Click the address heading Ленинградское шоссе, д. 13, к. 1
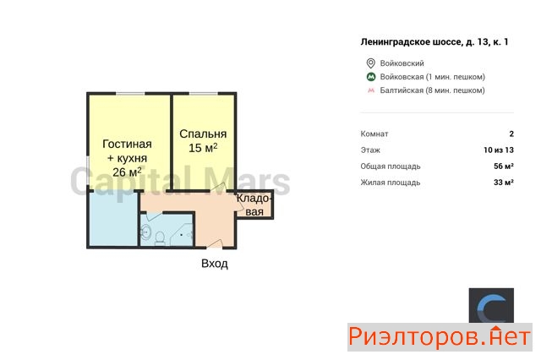click(x=434, y=42)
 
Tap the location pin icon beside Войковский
click(x=370, y=63)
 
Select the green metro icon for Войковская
click(x=371, y=77)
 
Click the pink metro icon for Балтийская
click(x=371, y=90)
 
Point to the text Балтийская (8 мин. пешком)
click(x=432, y=90)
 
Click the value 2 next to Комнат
click(x=511, y=134)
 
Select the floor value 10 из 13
click(x=499, y=150)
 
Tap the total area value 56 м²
click(x=504, y=166)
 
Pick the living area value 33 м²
click(x=504, y=183)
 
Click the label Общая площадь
click(x=391, y=166)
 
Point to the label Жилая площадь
click(x=391, y=183)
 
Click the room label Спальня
click(x=203, y=134)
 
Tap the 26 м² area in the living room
click(x=127, y=172)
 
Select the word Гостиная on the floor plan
click(x=127, y=144)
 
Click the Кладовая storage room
click(x=254, y=205)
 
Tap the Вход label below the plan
click(x=215, y=264)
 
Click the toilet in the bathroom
click(x=160, y=238)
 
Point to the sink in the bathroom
click(x=145, y=232)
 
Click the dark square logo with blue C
click(x=491, y=306)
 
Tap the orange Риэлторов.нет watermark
click(x=440, y=337)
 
